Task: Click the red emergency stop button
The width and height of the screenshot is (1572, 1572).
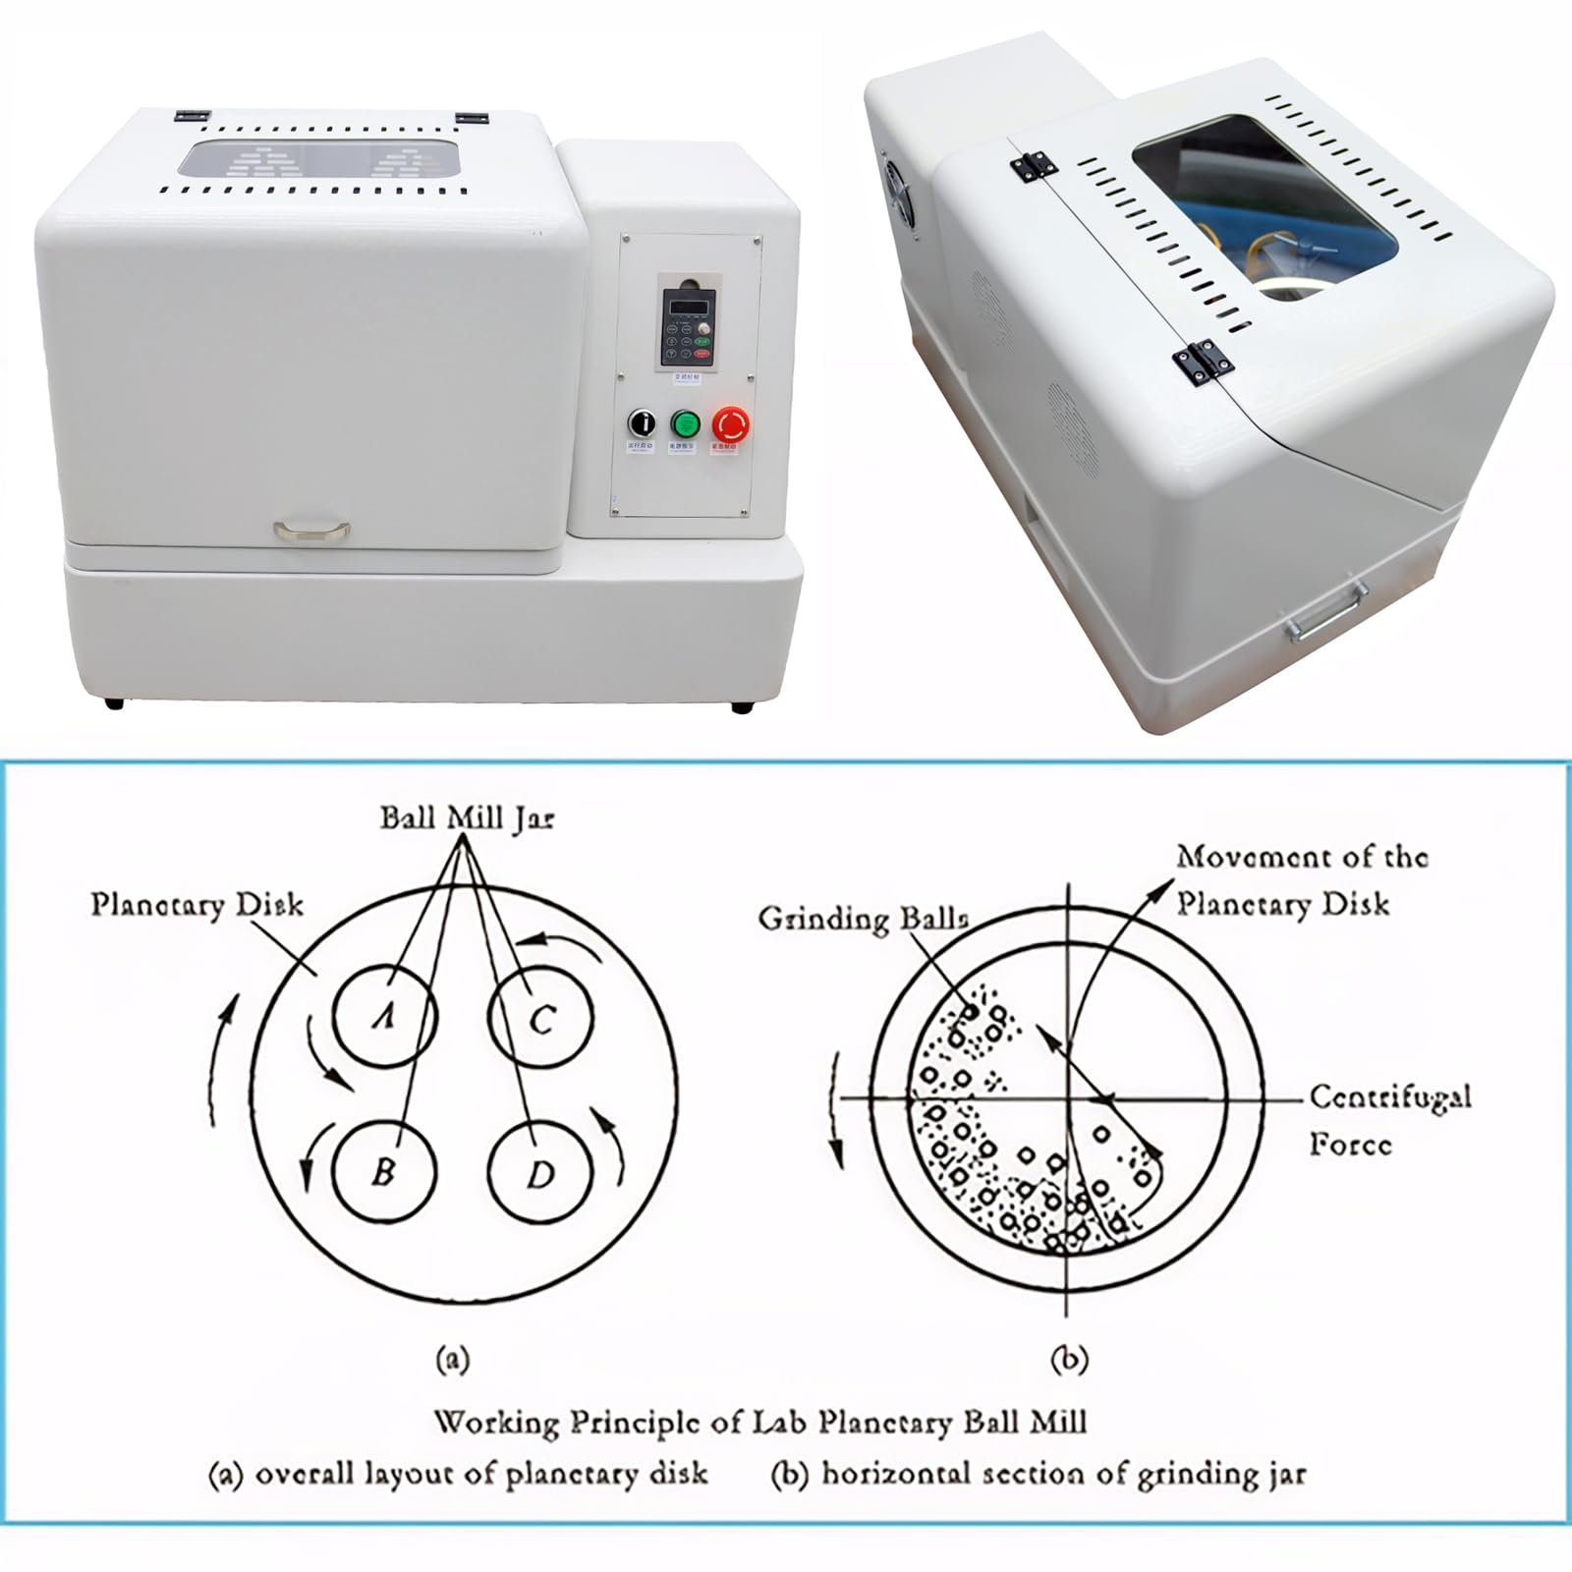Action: [x=730, y=424]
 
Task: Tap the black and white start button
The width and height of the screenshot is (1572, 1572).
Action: [x=642, y=423]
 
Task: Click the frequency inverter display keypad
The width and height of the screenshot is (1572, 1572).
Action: [x=688, y=326]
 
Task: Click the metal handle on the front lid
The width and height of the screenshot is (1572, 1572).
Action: [x=312, y=531]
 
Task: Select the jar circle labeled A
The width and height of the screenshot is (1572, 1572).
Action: [x=384, y=1016]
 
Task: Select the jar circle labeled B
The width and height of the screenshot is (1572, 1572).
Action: [x=384, y=1172]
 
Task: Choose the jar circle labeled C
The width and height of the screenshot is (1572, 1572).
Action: [x=540, y=1018]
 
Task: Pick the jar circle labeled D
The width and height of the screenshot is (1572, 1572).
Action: [x=540, y=1173]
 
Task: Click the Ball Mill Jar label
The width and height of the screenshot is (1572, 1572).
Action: [x=467, y=818]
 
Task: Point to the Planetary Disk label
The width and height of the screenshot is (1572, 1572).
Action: [x=196, y=905]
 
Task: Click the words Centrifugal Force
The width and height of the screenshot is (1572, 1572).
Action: [x=1389, y=1120]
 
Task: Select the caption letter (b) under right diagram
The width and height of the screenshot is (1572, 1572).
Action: [x=1069, y=1360]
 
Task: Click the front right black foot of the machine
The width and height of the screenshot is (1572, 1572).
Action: [x=742, y=705]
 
